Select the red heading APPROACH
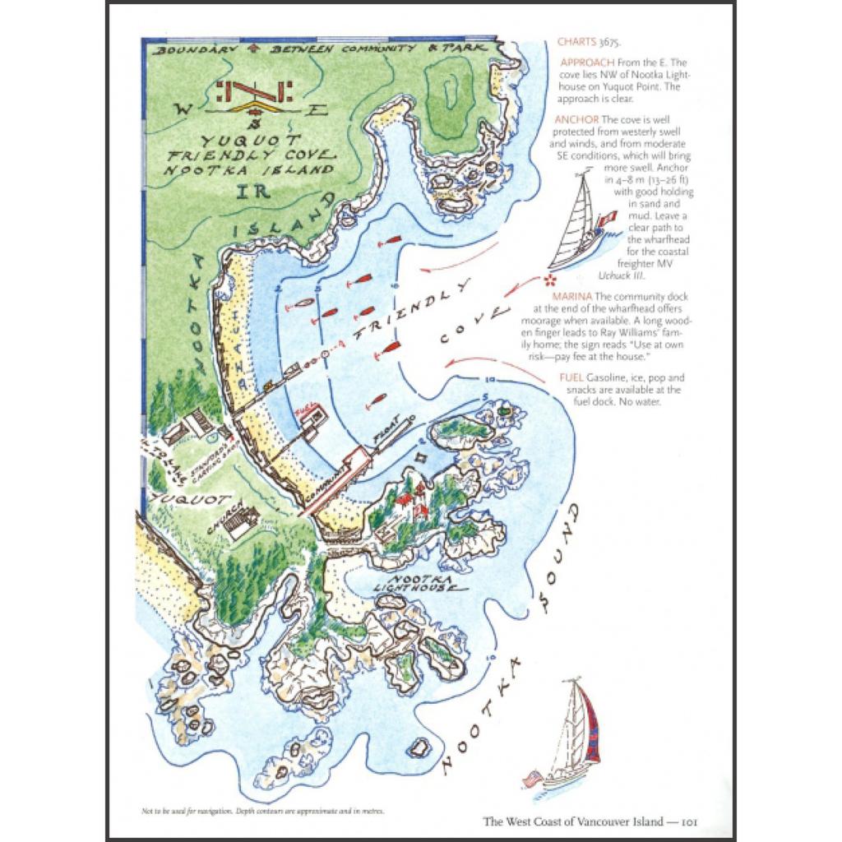pyautogui.click(x=587, y=62)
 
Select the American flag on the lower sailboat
pyautogui.click(x=531, y=777)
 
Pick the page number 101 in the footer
pyautogui.click(x=689, y=821)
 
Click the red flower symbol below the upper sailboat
pyautogui.click(x=550, y=280)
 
